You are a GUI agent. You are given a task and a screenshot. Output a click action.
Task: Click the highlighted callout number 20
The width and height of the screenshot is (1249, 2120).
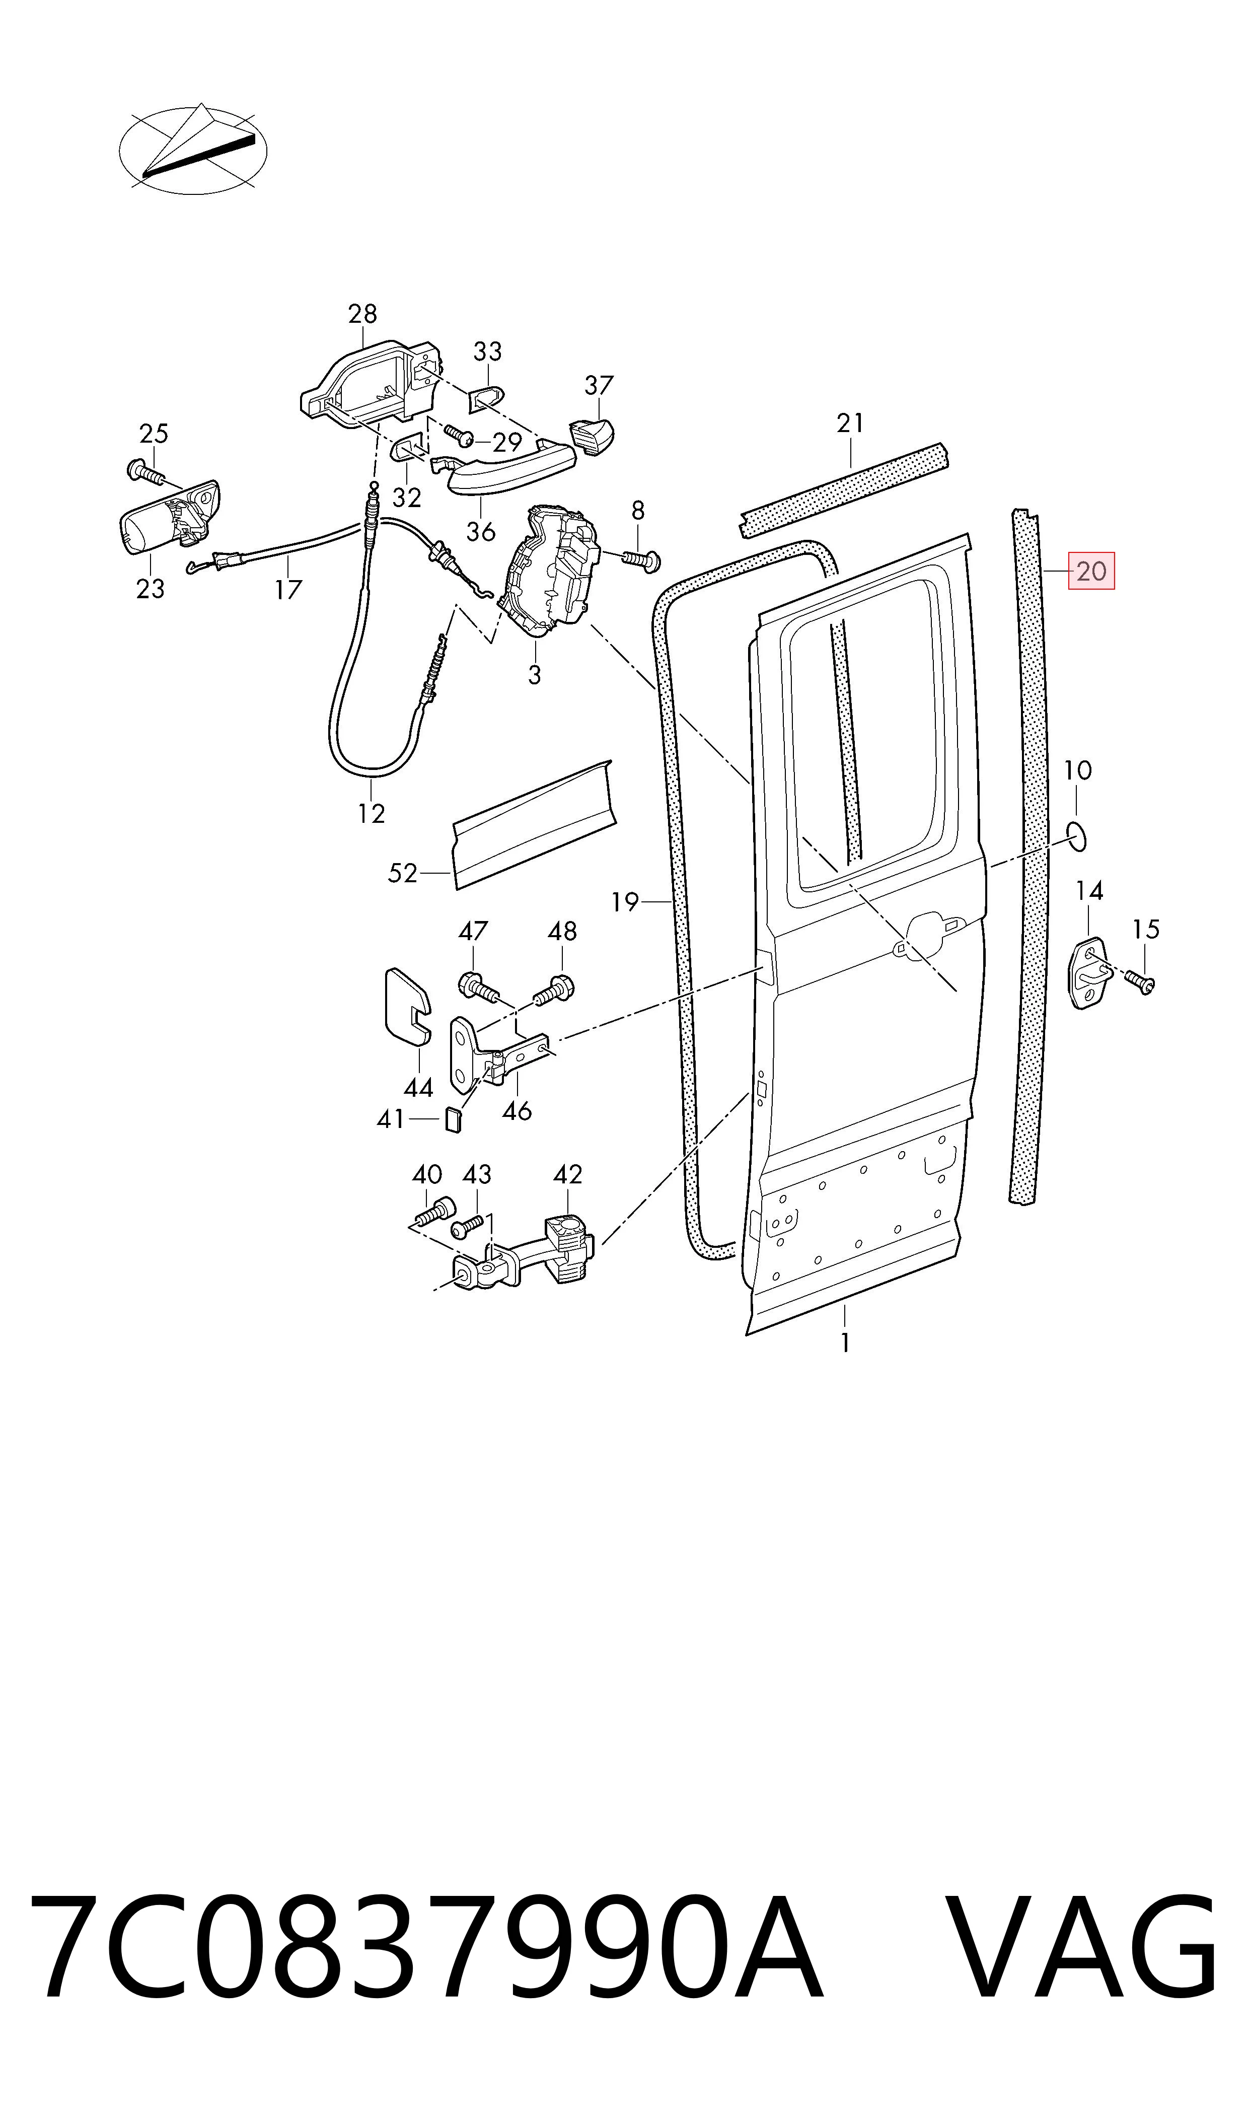click(1091, 572)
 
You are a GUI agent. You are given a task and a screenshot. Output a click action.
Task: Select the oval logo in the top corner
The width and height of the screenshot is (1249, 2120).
click(193, 150)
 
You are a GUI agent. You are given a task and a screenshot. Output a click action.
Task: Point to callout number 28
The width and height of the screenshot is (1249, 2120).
click(363, 314)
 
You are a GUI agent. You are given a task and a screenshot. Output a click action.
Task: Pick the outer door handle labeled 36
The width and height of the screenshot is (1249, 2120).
click(503, 464)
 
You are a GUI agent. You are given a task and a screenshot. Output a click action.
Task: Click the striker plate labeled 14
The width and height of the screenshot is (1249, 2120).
click(1091, 973)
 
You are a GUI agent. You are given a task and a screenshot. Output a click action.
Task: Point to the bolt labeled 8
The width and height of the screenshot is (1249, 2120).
click(642, 559)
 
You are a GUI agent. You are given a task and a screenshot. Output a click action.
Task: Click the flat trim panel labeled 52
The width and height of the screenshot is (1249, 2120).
click(535, 825)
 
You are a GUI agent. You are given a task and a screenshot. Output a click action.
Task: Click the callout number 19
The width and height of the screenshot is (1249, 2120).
click(625, 902)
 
